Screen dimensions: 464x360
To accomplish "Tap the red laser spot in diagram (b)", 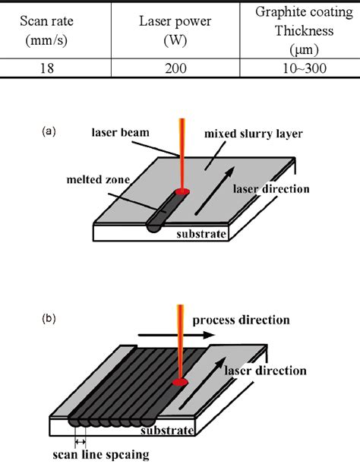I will click(x=182, y=381).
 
